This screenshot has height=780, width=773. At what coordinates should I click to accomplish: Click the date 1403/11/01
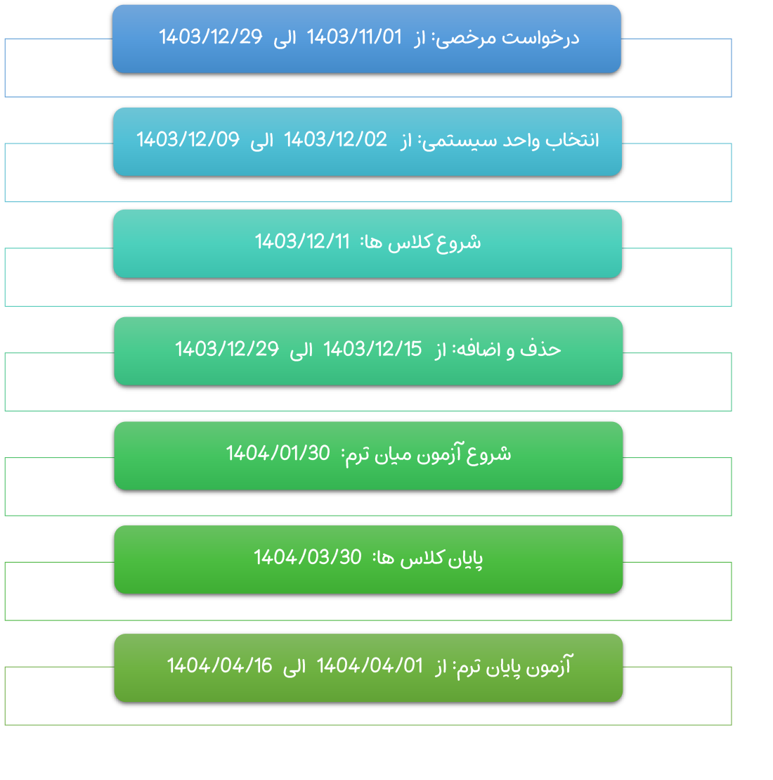coord(353,37)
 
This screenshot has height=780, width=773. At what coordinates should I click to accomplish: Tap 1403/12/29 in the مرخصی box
coord(210,37)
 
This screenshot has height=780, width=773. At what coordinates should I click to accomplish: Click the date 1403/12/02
coord(335,140)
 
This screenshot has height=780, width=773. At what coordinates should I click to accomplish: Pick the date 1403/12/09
coord(188,140)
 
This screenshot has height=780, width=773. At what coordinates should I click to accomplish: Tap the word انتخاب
coord(573,140)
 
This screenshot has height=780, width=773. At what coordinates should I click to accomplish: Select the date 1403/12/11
coord(302,242)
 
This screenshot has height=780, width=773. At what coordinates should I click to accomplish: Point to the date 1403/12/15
coord(372,349)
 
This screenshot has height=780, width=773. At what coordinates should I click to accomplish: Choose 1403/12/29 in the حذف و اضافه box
coord(226,349)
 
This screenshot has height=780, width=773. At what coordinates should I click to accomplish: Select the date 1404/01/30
coord(278,454)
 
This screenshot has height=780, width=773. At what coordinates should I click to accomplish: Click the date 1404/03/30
coord(307,558)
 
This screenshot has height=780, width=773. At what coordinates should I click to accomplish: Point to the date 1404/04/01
coord(370,665)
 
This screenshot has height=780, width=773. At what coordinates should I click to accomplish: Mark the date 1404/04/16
coord(219,665)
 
